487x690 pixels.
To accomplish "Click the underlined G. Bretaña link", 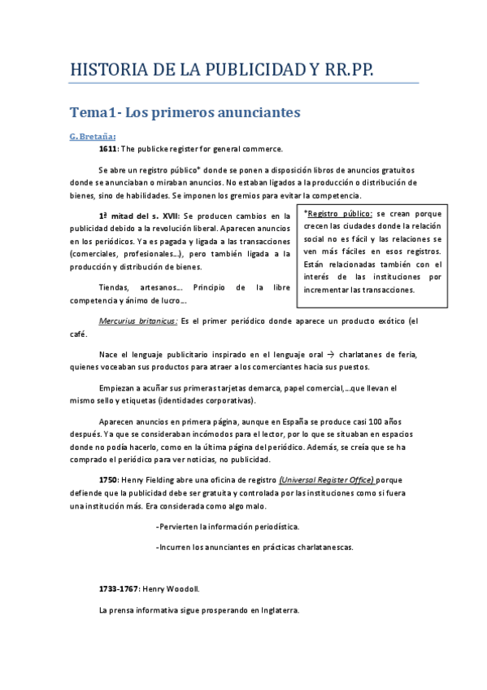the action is point(93,136).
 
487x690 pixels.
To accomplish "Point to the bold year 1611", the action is point(107,149).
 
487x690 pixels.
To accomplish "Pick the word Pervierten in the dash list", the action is point(179,526).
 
